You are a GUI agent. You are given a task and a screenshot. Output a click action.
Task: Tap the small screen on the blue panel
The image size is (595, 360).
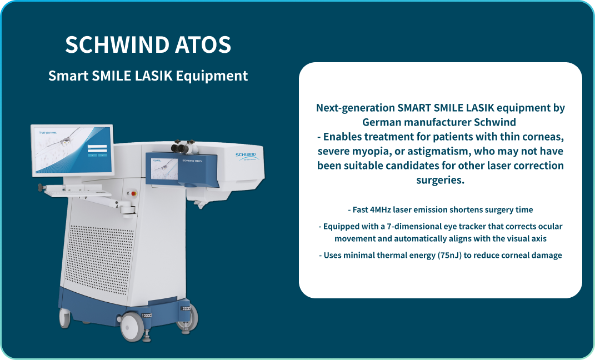click(x=162, y=167)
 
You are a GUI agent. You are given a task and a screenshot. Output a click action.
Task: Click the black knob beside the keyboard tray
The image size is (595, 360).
click(x=40, y=188)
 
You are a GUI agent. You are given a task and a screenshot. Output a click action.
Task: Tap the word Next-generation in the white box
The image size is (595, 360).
click(x=354, y=108)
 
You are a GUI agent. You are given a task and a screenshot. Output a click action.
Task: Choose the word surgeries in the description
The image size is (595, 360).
click(x=440, y=180)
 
